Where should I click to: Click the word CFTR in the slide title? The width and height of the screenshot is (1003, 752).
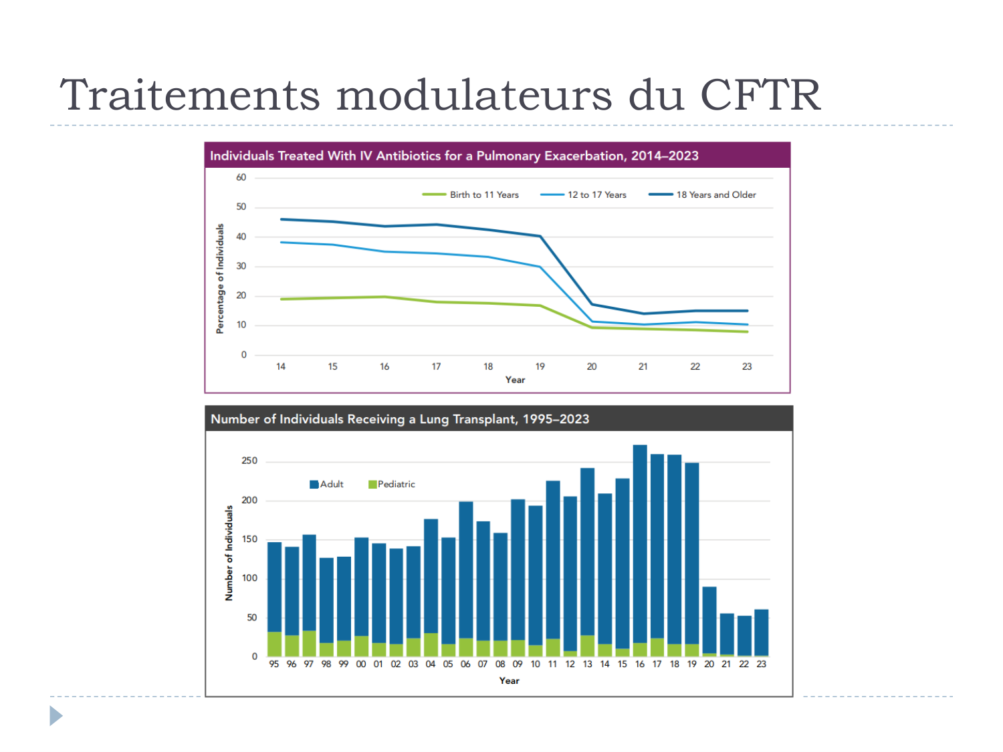tap(760, 96)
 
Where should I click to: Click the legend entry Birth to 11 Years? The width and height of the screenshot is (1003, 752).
tap(483, 195)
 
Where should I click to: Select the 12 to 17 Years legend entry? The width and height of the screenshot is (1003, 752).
tap(596, 195)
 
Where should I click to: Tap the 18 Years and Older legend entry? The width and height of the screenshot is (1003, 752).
tap(715, 195)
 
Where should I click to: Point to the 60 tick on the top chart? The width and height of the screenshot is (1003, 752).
tap(241, 178)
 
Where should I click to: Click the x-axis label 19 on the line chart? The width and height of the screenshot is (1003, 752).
tap(540, 366)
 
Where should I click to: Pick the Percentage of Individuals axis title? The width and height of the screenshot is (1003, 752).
tap(219, 278)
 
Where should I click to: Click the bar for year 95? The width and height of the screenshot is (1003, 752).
tap(274, 588)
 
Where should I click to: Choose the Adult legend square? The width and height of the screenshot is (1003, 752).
tap(314, 485)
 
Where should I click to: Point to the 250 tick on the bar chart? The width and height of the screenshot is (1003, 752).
tap(249, 461)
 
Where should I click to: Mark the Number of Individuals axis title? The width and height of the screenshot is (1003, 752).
tap(229, 552)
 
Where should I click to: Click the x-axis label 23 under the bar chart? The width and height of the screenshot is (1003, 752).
tap(761, 664)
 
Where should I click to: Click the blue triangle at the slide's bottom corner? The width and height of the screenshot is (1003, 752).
tap(55, 716)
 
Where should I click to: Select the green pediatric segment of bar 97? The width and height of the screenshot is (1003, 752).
tap(309, 643)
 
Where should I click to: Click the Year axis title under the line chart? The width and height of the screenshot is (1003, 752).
tap(515, 380)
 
